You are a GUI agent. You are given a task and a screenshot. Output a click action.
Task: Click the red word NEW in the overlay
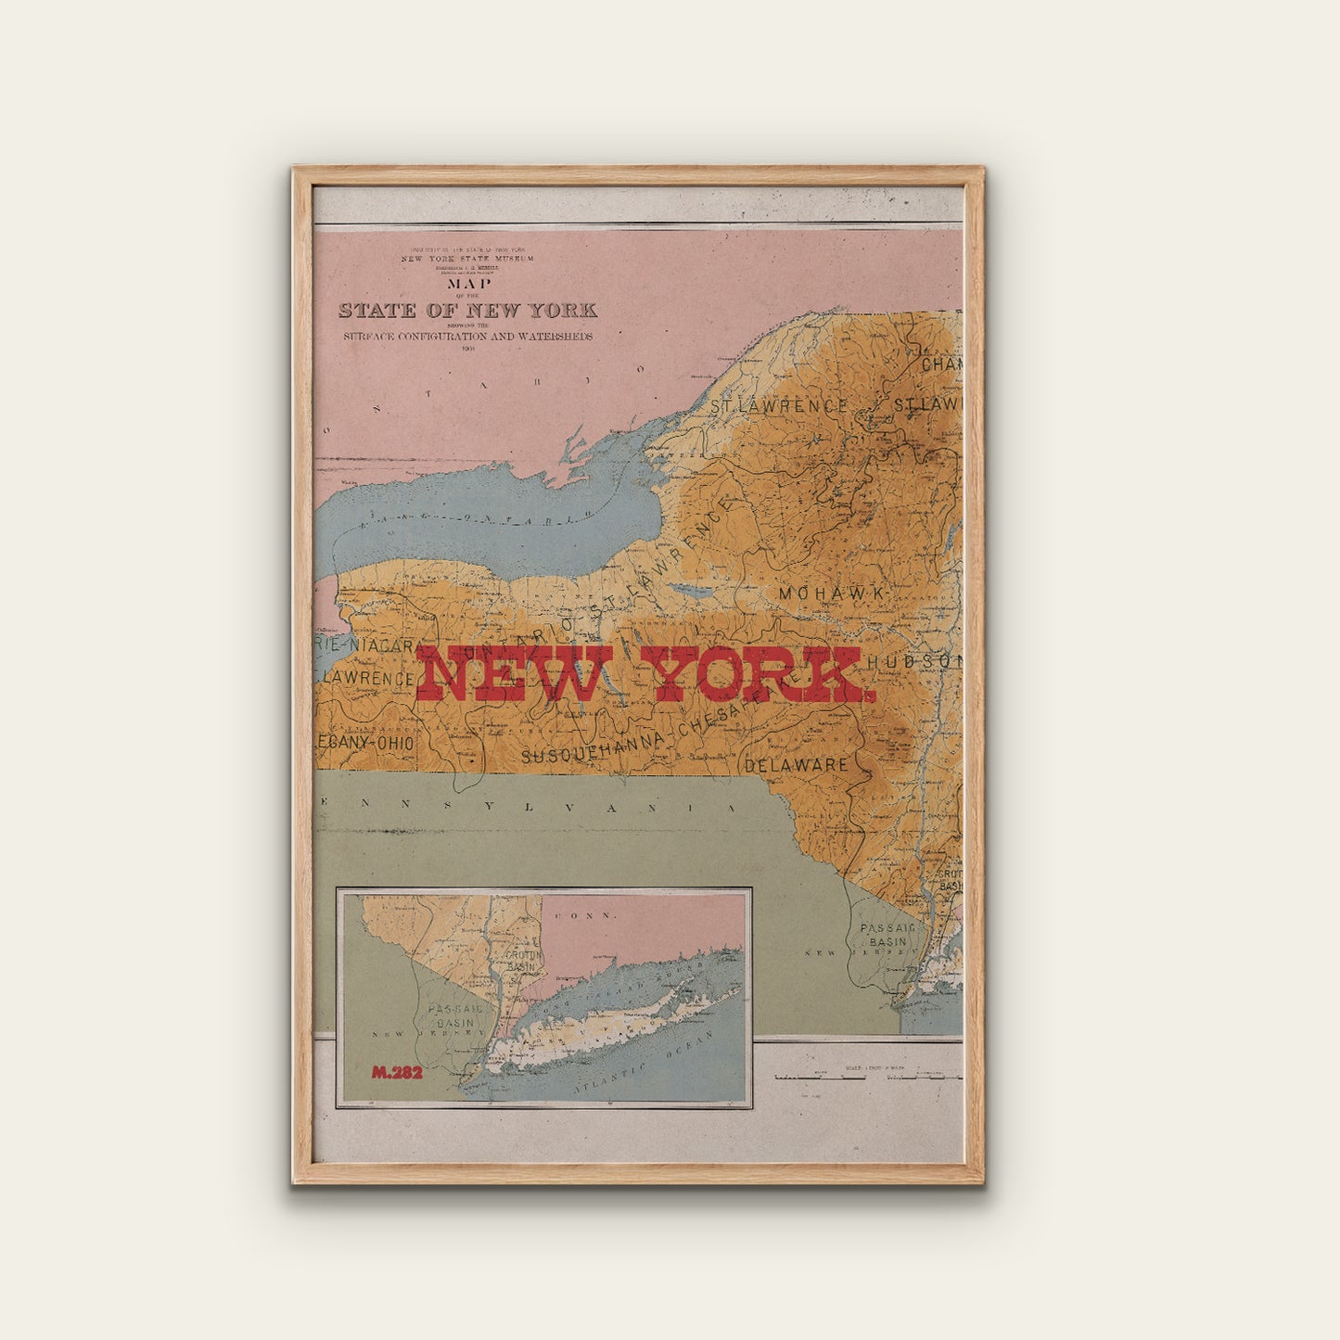tap(514, 674)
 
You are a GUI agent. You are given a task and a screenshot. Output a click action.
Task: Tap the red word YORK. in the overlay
tap(756, 674)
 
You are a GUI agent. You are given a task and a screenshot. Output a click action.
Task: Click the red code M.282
tap(397, 1073)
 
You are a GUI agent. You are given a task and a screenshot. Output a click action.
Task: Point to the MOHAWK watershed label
tap(833, 593)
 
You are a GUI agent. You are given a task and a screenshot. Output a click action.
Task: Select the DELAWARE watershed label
tap(797, 765)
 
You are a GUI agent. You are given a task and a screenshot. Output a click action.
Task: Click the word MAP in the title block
tap(469, 284)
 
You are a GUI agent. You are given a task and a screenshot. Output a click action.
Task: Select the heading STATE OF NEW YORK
tap(467, 310)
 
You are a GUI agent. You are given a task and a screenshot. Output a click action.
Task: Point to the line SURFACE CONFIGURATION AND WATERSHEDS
tap(467, 337)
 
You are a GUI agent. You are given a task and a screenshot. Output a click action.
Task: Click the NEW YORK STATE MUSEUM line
tap(467, 259)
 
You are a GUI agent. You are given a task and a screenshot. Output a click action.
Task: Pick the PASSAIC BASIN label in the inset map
tap(453, 1015)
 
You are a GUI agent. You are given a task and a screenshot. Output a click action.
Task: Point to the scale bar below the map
tap(867, 1078)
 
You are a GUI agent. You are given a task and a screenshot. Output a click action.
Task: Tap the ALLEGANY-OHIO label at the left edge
tap(365, 743)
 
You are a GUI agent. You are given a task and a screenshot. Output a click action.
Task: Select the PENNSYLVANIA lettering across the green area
tap(538, 806)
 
